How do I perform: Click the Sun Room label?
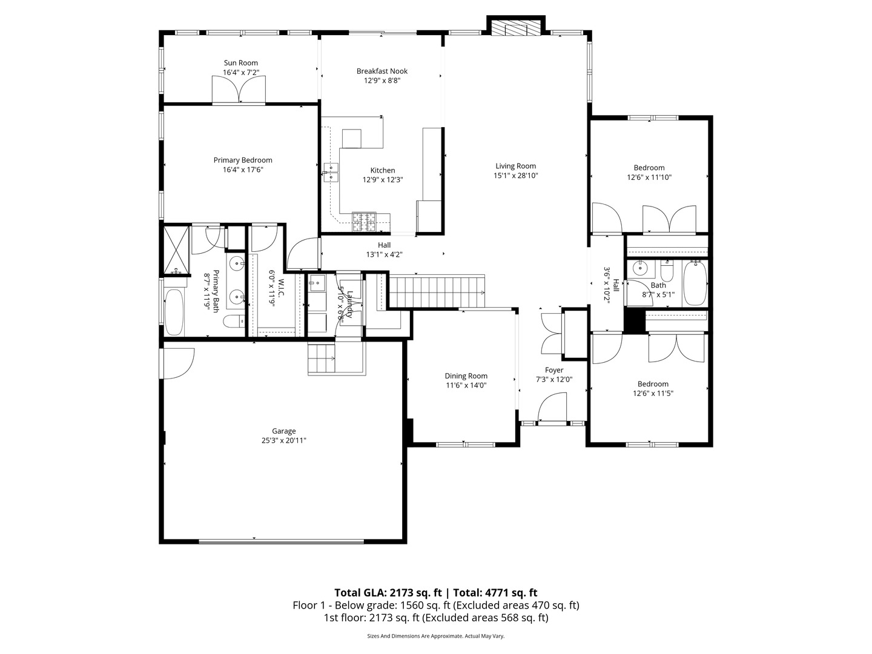tap(240, 63)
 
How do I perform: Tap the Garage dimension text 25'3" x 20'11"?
tap(283, 441)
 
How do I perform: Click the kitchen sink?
tap(331, 173)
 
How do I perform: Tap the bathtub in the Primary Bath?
tap(173, 311)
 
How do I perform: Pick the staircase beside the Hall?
tap(437, 291)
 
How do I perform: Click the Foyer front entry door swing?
tap(552, 407)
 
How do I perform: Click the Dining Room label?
tap(466, 376)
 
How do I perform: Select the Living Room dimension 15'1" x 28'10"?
tap(515, 176)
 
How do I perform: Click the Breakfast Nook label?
tap(381, 71)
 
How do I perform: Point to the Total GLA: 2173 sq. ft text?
tap(389, 593)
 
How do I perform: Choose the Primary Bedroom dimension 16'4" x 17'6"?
tap(242, 170)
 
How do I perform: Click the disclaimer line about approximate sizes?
tap(435, 636)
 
